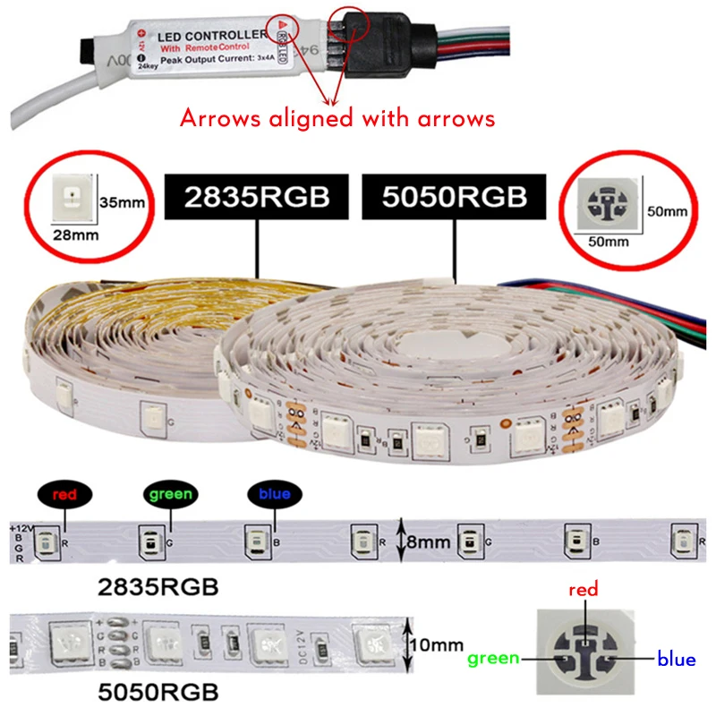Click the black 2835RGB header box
pos(258,197)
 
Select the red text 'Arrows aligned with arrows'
pos(337,118)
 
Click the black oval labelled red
pos(64,494)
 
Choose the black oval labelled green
pos(170,494)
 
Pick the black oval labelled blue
pos(275,494)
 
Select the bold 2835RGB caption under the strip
pos(157,587)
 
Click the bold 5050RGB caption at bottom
pos(157,692)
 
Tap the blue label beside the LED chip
pos(676,660)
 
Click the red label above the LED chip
pos(583,590)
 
